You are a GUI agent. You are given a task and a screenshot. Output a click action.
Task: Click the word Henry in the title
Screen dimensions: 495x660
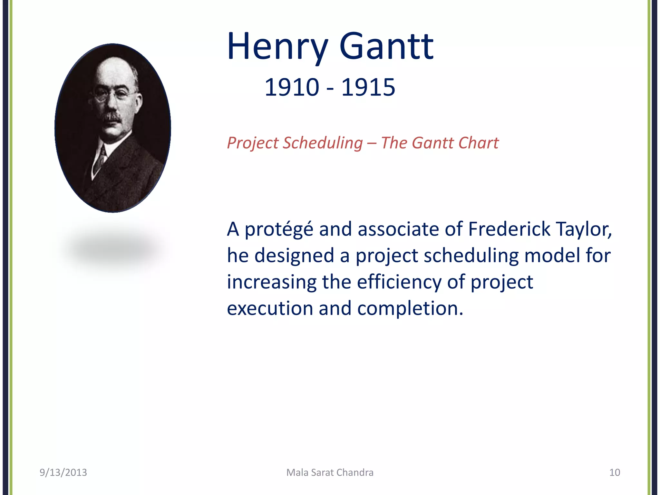277,47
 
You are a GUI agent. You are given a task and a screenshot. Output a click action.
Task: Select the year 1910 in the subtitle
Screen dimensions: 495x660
292,88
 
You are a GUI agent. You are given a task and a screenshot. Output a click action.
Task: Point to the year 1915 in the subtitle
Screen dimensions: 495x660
368,88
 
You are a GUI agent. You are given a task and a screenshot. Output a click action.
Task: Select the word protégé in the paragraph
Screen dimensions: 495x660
279,229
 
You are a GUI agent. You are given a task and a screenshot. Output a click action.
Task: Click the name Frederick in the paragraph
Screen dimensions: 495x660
509,229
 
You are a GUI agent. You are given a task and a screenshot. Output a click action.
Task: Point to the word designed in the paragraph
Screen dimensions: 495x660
294,256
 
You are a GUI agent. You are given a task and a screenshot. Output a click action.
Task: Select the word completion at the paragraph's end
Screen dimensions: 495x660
410,308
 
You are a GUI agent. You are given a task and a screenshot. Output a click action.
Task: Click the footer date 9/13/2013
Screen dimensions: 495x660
63,472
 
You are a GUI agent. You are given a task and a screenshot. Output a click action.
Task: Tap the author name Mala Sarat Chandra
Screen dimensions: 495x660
330,472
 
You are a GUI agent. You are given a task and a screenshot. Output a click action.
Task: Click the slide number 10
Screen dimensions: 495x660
614,472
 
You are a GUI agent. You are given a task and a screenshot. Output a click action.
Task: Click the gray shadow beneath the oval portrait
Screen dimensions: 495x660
113,248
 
